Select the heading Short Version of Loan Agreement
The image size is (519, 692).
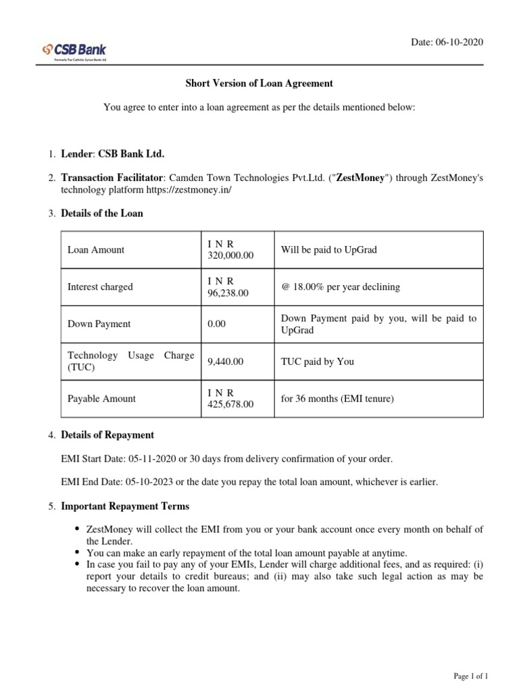pyautogui.click(x=259, y=84)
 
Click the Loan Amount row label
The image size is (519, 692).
pyautogui.click(x=96, y=250)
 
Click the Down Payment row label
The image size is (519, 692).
pyautogui.click(x=99, y=324)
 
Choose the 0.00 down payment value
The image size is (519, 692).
pyautogui.click(x=217, y=324)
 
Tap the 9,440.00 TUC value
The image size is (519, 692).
pyautogui.click(x=225, y=362)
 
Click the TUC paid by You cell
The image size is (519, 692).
pyautogui.click(x=318, y=362)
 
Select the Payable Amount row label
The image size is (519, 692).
pyautogui.click(x=101, y=399)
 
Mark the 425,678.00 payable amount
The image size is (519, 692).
pyautogui.click(x=230, y=404)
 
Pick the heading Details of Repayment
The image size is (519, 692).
pyautogui.click(x=107, y=435)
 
